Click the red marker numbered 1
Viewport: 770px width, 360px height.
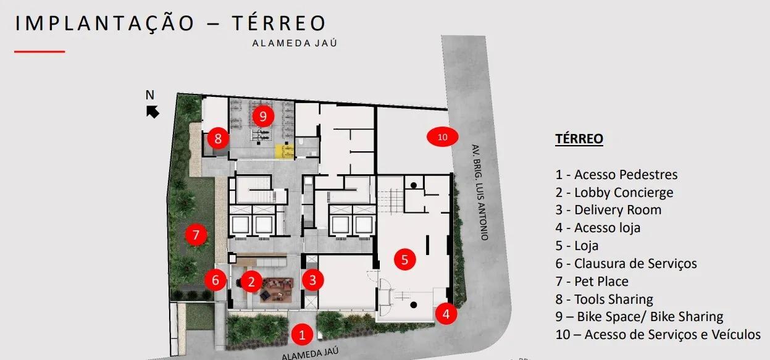302,334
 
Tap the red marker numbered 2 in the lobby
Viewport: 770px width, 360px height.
251,281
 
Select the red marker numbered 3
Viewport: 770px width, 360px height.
312,280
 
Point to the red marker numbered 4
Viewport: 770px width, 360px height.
446,314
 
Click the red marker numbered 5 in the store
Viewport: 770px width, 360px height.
404,259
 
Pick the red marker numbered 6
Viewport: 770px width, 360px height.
215,280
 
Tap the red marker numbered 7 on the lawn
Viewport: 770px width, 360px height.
196,235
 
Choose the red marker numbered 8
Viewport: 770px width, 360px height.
218,138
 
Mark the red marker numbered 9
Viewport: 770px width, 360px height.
263,116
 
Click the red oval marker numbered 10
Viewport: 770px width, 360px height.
442,136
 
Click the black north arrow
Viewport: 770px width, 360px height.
153,112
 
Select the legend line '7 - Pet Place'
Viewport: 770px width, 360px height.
592,281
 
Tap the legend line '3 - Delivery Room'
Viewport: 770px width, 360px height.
608,210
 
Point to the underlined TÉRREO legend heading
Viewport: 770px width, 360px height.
579,138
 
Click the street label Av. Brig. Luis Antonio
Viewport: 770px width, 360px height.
480,192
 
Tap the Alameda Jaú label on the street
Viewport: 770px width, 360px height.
310,353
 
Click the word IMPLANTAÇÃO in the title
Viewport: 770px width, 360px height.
105,23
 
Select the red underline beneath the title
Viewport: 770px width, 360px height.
40,52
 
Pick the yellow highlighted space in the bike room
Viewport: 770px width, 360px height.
284,151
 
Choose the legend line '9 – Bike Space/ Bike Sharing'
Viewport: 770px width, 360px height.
639,317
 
